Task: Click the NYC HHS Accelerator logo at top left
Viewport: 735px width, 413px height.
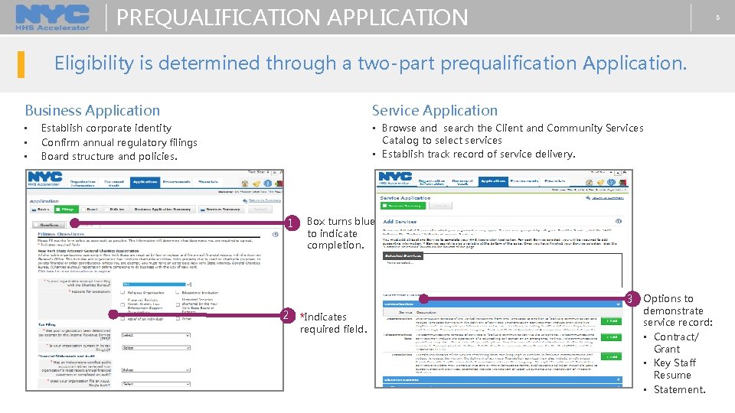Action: (x=52, y=17)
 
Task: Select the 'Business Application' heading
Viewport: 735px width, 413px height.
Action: (x=93, y=111)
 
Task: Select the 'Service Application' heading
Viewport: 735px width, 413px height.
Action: (x=434, y=111)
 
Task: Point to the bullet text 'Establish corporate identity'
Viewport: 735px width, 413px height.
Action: (x=106, y=128)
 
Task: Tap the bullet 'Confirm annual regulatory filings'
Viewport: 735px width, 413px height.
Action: (x=119, y=142)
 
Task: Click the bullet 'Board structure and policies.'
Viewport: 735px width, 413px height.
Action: (x=109, y=156)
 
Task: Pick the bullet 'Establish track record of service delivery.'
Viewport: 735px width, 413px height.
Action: (x=478, y=154)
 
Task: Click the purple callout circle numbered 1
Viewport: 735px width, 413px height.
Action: (x=290, y=224)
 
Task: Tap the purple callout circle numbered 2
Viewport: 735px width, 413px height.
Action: (x=284, y=315)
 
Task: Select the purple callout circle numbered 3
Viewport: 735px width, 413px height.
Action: (x=631, y=298)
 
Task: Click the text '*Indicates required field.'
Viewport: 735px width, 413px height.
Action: (x=334, y=323)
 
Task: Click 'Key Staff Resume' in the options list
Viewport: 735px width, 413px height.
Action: (x=674, y=369)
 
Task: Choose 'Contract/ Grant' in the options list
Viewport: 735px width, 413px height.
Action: (x=675, y=343)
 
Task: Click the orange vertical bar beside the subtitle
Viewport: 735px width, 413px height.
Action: (x=21, y=63)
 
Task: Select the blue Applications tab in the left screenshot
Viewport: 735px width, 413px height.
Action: (x=145, y=182)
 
